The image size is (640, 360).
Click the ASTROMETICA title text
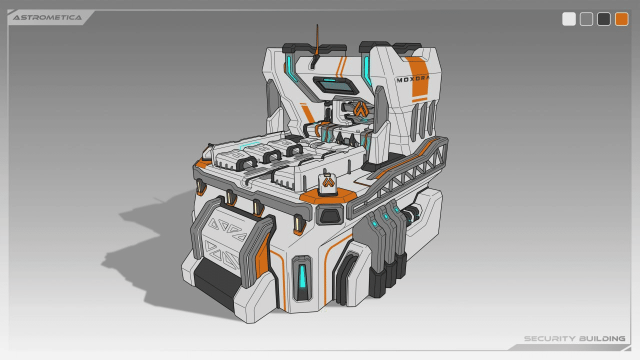tap(47, 17)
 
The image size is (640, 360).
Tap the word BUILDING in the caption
tap(602, 338)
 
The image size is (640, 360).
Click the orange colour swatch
tap(621, 19)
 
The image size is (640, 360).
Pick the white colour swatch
tap(569, 19)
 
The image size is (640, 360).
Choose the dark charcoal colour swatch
tap(603, 19)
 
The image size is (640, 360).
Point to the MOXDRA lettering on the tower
tap(413, 79)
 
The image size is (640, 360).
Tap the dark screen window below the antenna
tap(335, 85)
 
